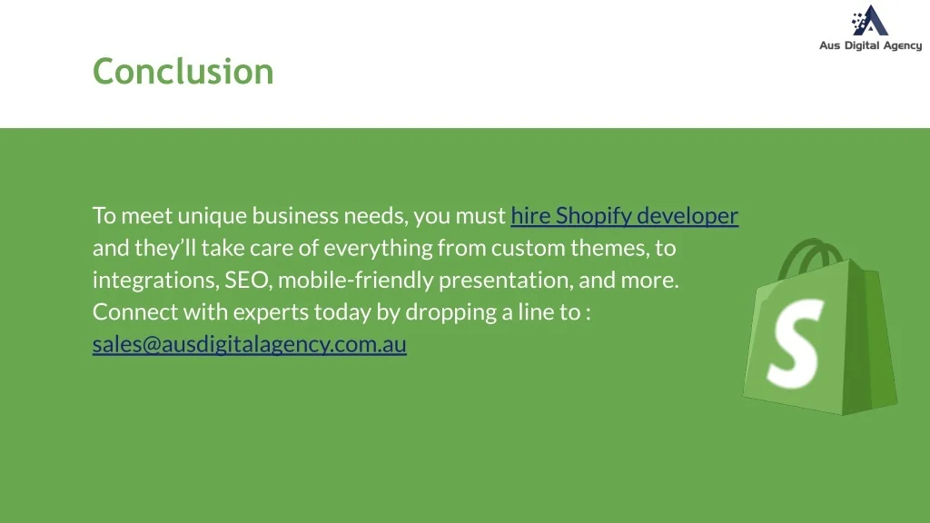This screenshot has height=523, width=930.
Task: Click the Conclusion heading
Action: click(x=183, y=71)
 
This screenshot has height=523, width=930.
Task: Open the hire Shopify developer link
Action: click(x=624, y=216)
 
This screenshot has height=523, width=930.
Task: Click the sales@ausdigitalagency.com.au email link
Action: click(x=249, y=344)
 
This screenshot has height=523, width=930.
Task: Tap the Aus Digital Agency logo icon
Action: click(x=870, y=21)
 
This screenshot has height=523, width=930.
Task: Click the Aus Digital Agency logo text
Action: click(x=870, y=45)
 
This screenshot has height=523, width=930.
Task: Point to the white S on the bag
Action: click(x=796, y=340)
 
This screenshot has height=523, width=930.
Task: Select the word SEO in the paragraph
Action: click(x=246, y=280)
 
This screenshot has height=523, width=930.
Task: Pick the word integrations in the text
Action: click(x=155, y=280)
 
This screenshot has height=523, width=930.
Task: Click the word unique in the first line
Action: click(x=212, y=216)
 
